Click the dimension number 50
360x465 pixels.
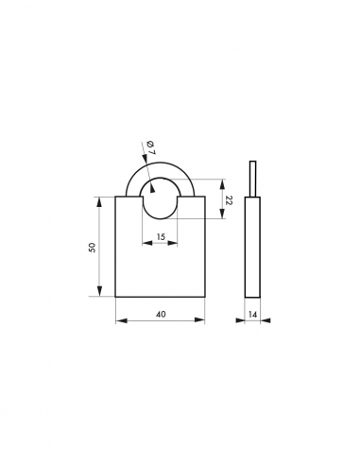(x=92, y=247)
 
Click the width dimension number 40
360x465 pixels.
(x=160, y=313)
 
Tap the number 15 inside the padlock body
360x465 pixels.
(x=160, y=235)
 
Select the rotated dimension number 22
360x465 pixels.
(x=230, y=200)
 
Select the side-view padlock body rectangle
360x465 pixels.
(x=252, y=246)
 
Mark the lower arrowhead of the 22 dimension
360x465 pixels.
(x=221, y=216)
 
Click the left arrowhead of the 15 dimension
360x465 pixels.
(x=146, y=243)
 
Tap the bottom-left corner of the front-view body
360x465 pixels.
(x=115, y=297)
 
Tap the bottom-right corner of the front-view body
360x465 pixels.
(x=204, y=297)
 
